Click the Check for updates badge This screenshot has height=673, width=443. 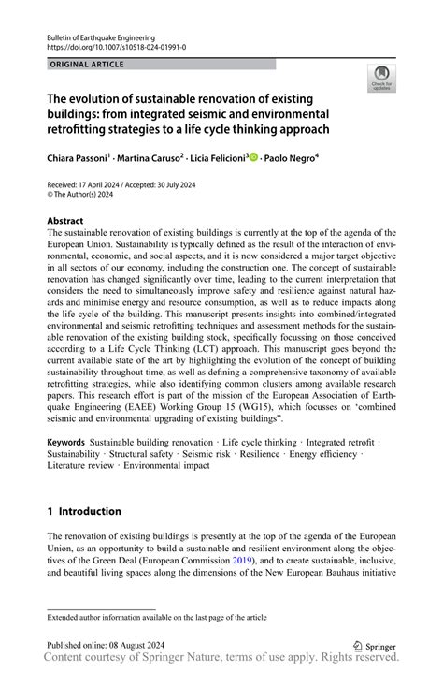[381, 80]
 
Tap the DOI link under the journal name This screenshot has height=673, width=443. [116, 47]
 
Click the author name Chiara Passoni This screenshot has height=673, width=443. [78, 160]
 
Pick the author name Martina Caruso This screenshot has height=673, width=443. [150, 160]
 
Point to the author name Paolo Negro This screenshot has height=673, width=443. [289, 160]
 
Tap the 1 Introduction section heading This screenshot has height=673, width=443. [84, 511]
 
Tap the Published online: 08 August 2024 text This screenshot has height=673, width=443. [110, 645]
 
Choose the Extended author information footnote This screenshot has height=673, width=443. [157, 618]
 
